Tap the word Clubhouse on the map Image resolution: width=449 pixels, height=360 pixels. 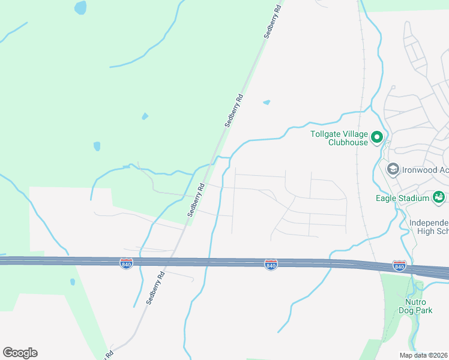[348, 142]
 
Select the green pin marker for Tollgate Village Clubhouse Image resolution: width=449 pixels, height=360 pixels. [377, 138]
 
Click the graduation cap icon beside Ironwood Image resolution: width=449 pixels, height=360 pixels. [393, 170]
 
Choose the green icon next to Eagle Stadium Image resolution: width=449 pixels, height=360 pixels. [439, 197]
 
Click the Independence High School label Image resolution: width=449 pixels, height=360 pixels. [429, 227]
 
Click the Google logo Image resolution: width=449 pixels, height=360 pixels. [20, 353]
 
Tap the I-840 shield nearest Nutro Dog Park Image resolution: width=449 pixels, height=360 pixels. [399, 265]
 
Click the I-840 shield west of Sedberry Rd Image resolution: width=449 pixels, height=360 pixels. [126, 263]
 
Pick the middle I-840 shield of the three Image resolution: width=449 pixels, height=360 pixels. [271, 264]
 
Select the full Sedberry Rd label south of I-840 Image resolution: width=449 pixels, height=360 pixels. [154, 290]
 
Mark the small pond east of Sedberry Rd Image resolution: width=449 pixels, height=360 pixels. [267, 103]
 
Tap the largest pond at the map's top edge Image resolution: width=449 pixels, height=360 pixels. [80, 8]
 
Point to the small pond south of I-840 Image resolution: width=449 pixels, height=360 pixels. [73, 281]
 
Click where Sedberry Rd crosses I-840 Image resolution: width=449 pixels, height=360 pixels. [173, 261]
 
